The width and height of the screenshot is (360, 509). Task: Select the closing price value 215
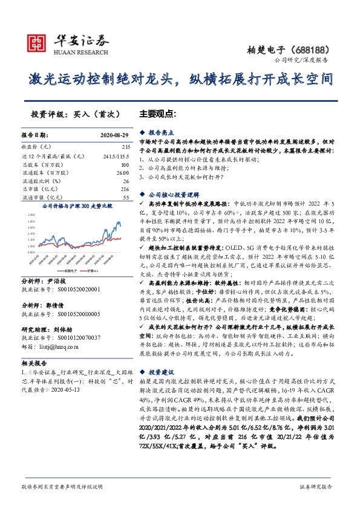126,147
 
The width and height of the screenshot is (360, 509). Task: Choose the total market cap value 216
125,189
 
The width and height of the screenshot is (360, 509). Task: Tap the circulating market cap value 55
126,198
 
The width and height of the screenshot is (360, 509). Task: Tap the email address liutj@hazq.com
64,329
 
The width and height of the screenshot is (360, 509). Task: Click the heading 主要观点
157,114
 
